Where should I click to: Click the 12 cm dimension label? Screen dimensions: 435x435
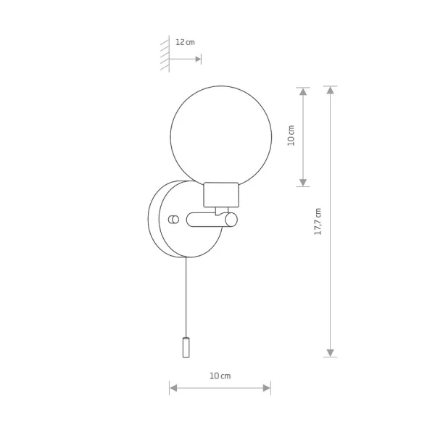click(x=185, y=42)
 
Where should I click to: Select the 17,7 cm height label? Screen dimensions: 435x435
click(x=318, y=221)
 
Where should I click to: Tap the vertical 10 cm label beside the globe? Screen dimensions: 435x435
click(x=291, y=136)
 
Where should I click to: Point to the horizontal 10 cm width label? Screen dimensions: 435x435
click(x=220, y=376)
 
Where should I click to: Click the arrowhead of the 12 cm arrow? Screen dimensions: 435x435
click(x=198, y=59)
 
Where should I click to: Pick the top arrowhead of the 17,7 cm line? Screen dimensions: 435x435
click(x=330, y=90)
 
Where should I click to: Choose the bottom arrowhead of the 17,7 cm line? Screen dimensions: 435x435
click(x=330, y=353)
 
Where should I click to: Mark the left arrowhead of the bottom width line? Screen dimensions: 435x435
click(x=173, y=388)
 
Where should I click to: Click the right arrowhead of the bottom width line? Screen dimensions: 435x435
click(x=267, y=388)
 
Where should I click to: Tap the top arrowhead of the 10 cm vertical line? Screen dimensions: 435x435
click(x=303, y=91)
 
